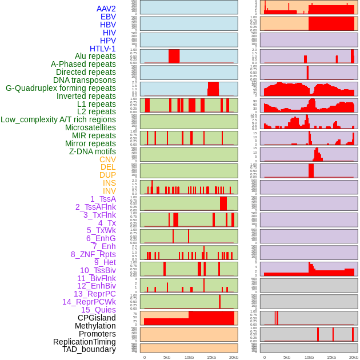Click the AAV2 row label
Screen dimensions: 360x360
pyautogui.click(x=106, y=9)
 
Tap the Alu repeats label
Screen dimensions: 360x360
pyautogui.click(x=95, y=56)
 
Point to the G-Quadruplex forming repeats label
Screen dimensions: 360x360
pyautogui.click(x=61, y=88)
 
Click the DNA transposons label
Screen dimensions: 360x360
pyautogui.click(x=85, y=80)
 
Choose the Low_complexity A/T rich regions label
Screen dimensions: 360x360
pyautogui.click(x=58, y=119)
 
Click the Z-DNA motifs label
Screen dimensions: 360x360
pyautogui.click(x=93, y=151)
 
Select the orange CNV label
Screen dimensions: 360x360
pyautogui.click(x=107, y=159)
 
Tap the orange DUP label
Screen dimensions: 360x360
pyautogui.click(x=107, y=175)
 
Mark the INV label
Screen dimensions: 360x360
pyautogui.click(x=109, y=191)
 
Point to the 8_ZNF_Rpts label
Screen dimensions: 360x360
pyautogui.click(x=93, y=254)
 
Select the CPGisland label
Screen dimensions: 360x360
pyautogui.click(x=97, y=318)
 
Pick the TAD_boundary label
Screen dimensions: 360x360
pyautogui.click(x=89, y=349)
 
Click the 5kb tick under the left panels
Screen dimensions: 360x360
pyautogui.click(x=167, y=357)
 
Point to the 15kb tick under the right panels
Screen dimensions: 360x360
pyautogui.click(x=331, y=357)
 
